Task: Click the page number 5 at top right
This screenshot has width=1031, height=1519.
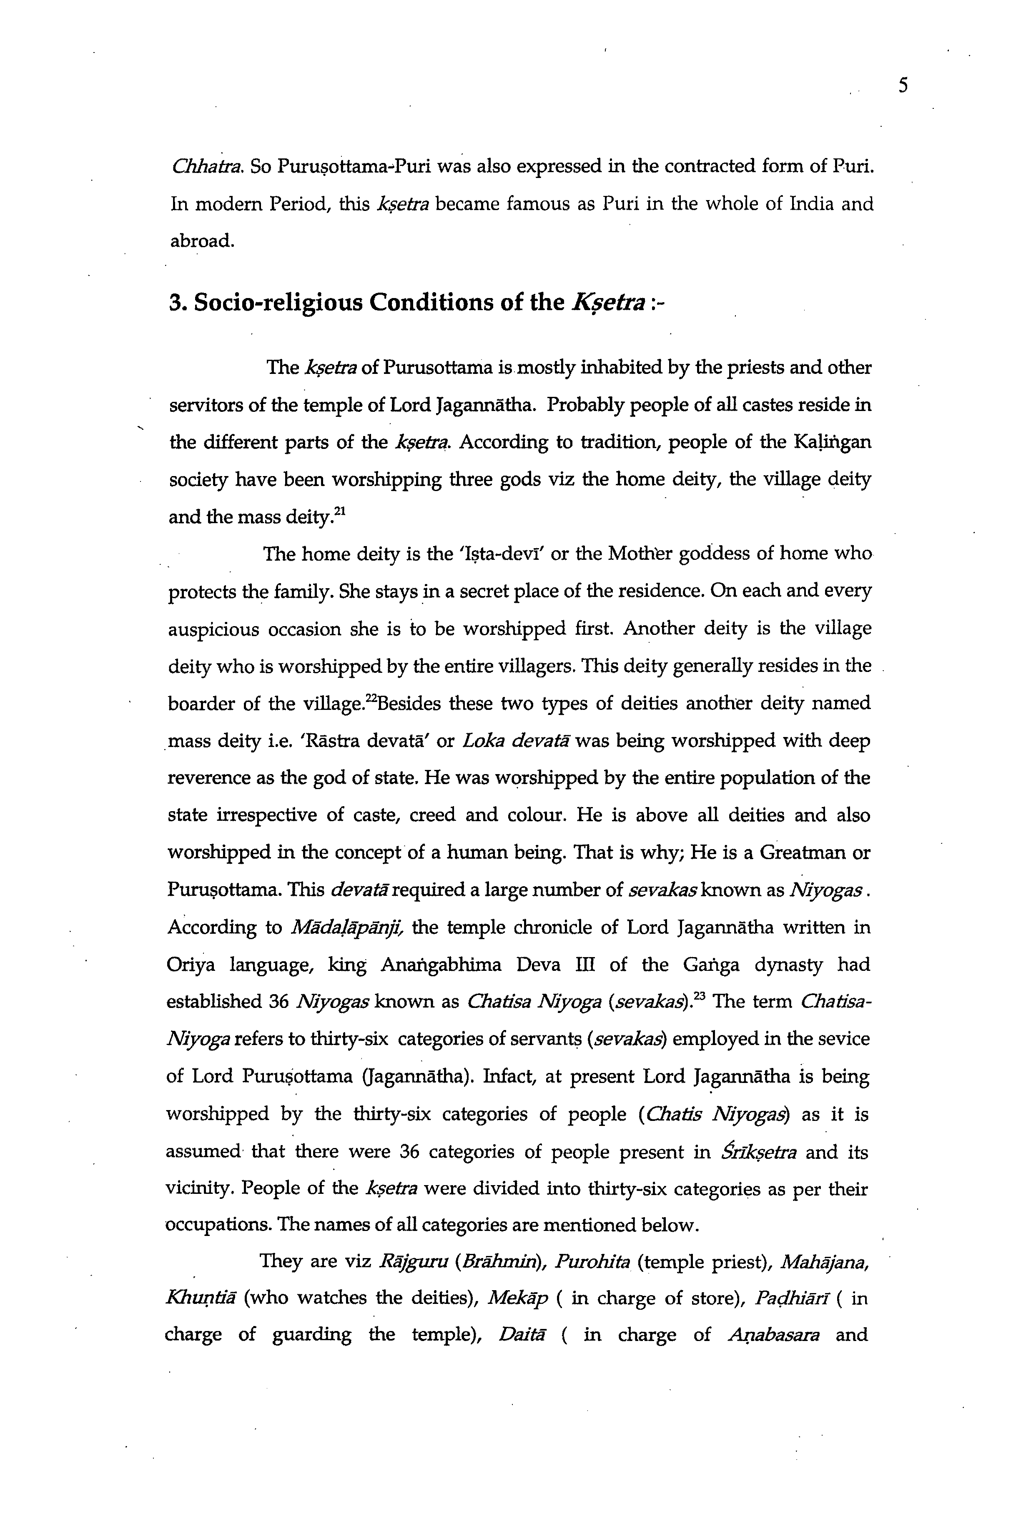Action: [903, 85]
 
